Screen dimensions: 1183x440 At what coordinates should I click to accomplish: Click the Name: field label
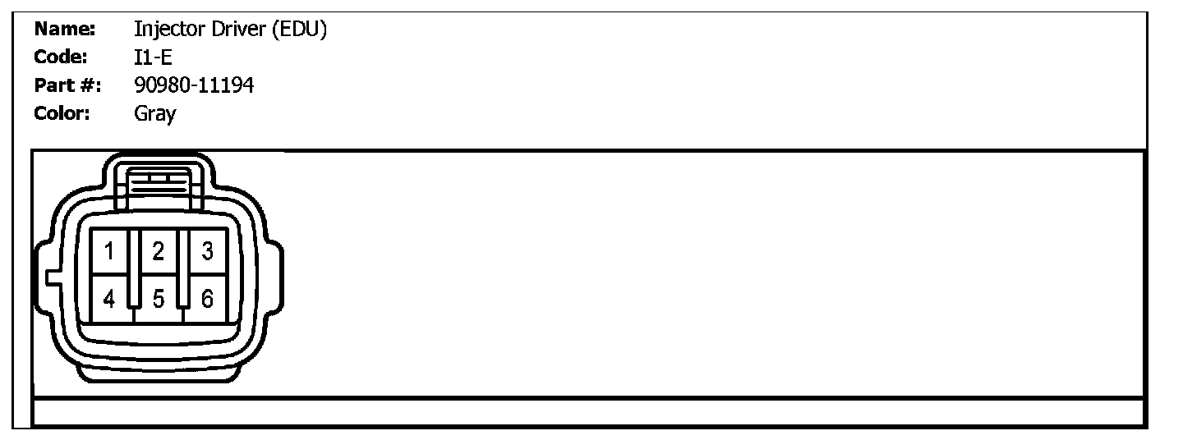point(65,30)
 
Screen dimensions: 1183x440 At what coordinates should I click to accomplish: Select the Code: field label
point(61,57)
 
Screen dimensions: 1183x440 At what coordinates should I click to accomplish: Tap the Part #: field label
point(67,85)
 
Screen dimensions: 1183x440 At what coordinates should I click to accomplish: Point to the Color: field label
point(62,113)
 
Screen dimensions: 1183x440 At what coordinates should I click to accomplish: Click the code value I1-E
point(153,57)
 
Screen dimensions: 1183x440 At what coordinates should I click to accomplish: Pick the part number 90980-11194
point(194,85)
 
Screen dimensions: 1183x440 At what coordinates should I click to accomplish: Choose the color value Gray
point(154,113)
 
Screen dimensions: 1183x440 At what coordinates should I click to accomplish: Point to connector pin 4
point(109,299)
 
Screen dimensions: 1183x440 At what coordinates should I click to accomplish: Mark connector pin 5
point(159,299)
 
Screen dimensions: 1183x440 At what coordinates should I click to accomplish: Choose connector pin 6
point(208,299)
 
